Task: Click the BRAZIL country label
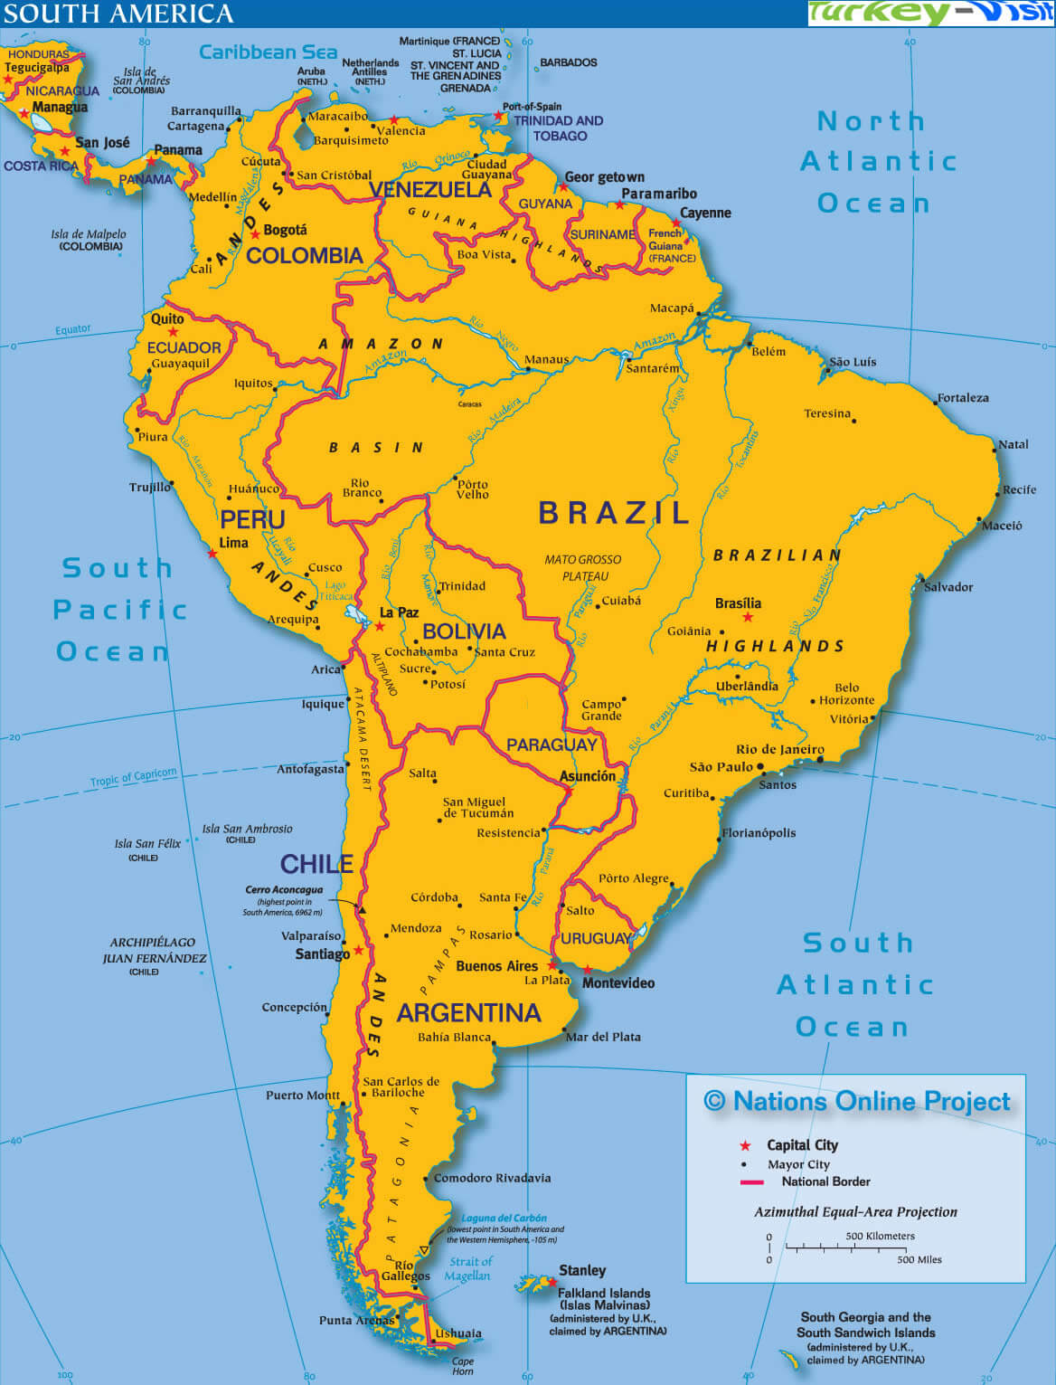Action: (614, 513)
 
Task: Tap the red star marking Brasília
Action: (748, 618)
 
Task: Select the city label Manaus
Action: (546, 359)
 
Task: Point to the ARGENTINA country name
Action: (468, 1012)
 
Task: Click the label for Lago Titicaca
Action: (335, 591)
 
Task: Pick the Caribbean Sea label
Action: (268, 52)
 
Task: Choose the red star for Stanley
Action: (550, 1282)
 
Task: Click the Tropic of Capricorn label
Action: (133, 777)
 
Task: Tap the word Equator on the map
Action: (72, 329)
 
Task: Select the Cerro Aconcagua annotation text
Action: (284, 890)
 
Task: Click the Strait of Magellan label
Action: (469, 1268)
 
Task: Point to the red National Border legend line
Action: (751, 1182)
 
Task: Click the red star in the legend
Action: (745, 1145)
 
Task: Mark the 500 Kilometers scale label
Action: (880, 1236)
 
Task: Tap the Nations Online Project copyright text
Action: (857, 1101)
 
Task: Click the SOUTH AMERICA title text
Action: (118, 14)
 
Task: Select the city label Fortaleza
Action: (963, 398)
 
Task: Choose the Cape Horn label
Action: (462, 1366)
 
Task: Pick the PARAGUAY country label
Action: (552, 745)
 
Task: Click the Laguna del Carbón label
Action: (504, 1218)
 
